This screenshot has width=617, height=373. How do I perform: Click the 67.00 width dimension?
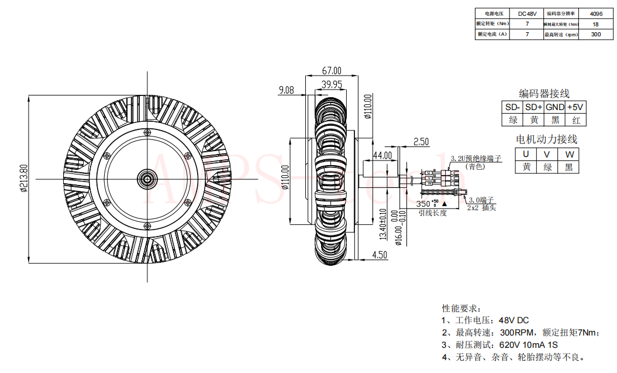[332, 71]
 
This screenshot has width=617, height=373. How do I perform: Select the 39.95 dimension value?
[332, 84]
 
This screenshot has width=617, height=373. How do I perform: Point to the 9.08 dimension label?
[287, 90]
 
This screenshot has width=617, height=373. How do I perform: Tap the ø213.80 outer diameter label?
[24, 179]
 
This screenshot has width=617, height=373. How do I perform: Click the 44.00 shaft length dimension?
[382, 155]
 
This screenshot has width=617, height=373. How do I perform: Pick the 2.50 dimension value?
[421, 142]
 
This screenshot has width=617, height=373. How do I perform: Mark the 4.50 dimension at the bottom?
[380, 255]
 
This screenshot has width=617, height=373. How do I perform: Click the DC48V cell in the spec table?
[527, 13]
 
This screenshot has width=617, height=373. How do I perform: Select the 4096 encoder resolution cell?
[596, 13]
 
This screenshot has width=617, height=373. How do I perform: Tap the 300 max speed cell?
[596, 35]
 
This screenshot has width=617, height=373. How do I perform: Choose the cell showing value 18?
[596, 24]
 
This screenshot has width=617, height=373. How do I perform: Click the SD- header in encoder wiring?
[513, 107]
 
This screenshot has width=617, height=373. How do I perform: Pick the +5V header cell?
[576, 107]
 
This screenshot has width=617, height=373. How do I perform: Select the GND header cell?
[555, 107]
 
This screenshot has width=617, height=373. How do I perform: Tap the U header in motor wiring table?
[526, 154]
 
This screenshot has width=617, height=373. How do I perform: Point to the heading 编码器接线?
[544, 94]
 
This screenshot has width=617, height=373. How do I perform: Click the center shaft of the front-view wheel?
[144, 179]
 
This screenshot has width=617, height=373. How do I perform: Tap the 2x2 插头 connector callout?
[482, 207]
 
